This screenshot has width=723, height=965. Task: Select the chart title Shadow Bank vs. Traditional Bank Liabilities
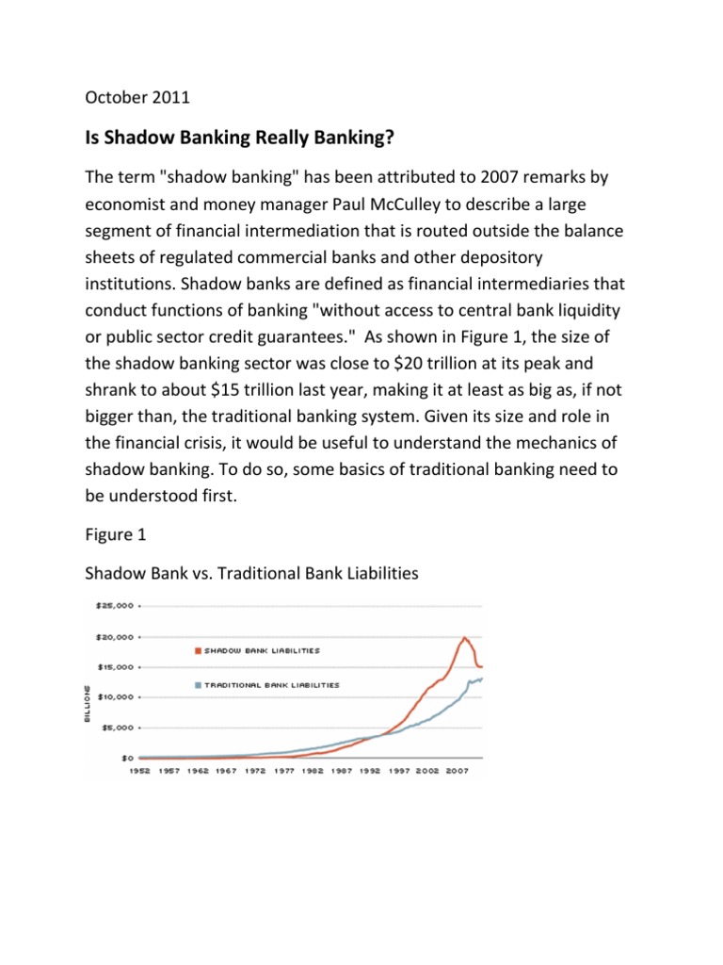251,572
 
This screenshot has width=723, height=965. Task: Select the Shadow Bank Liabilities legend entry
260,649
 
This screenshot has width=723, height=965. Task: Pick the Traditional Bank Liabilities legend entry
269,684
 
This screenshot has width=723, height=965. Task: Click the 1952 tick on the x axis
139,770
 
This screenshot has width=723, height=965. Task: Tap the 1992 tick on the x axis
370,770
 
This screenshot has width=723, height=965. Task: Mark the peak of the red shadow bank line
465,638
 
